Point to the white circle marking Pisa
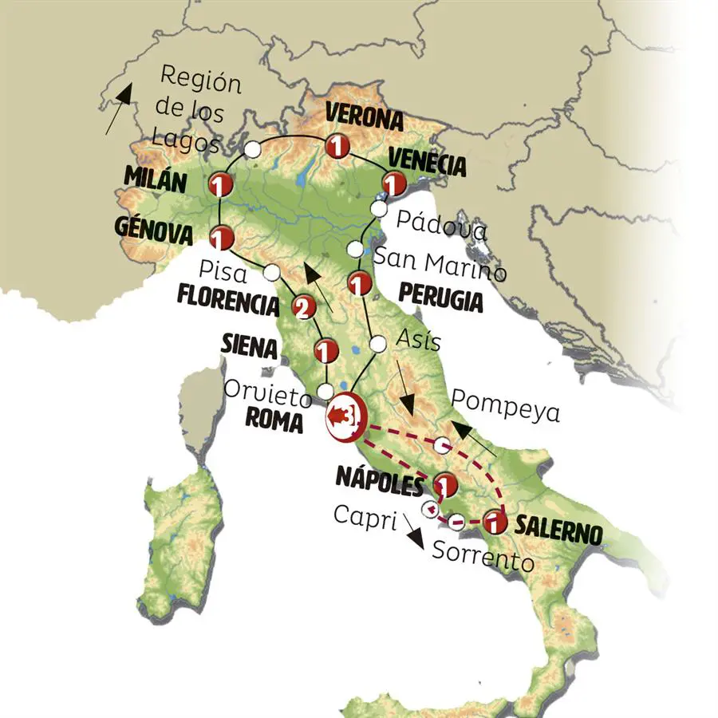[x=271, y=272]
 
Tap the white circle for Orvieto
[x=325, y=391]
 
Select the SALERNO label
[x=558, y=527]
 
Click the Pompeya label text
[x=506, y=412]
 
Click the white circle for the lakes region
[x=252, y=148]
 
